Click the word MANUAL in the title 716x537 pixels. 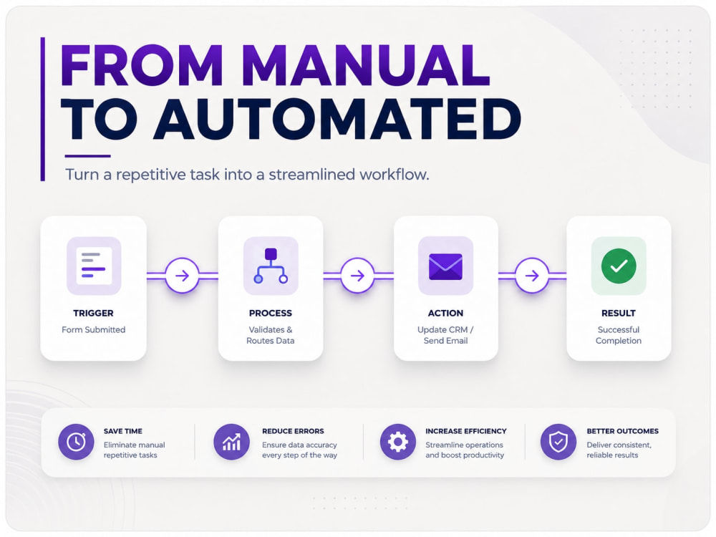tap(367, 65)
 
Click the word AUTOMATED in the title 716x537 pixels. tap(337, 119)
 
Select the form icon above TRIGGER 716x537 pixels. tap(94, 266)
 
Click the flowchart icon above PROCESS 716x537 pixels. tap(271, 266)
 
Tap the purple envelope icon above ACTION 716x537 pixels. tap(445, 266)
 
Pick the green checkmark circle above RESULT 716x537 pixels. tap(619, 266)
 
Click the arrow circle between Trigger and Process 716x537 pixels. tap(182, 276)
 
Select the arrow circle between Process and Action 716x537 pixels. tap(357, 276)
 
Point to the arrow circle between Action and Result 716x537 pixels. tap(532, 276)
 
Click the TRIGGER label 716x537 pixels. tap(93, 314)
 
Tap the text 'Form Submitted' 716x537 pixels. tap(94, 329)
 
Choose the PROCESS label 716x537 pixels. tap(271, 314)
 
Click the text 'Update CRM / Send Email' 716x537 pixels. tap(445, 335)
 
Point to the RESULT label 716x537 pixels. tap(619, 314)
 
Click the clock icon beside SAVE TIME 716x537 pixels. tap(77, 442)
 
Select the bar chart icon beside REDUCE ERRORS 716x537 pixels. tap(231, 442)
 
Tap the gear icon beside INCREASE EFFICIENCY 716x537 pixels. tap(398, 442)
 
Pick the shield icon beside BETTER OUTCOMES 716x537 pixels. tap(558, 442)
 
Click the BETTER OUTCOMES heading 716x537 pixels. tap(622, 431)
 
